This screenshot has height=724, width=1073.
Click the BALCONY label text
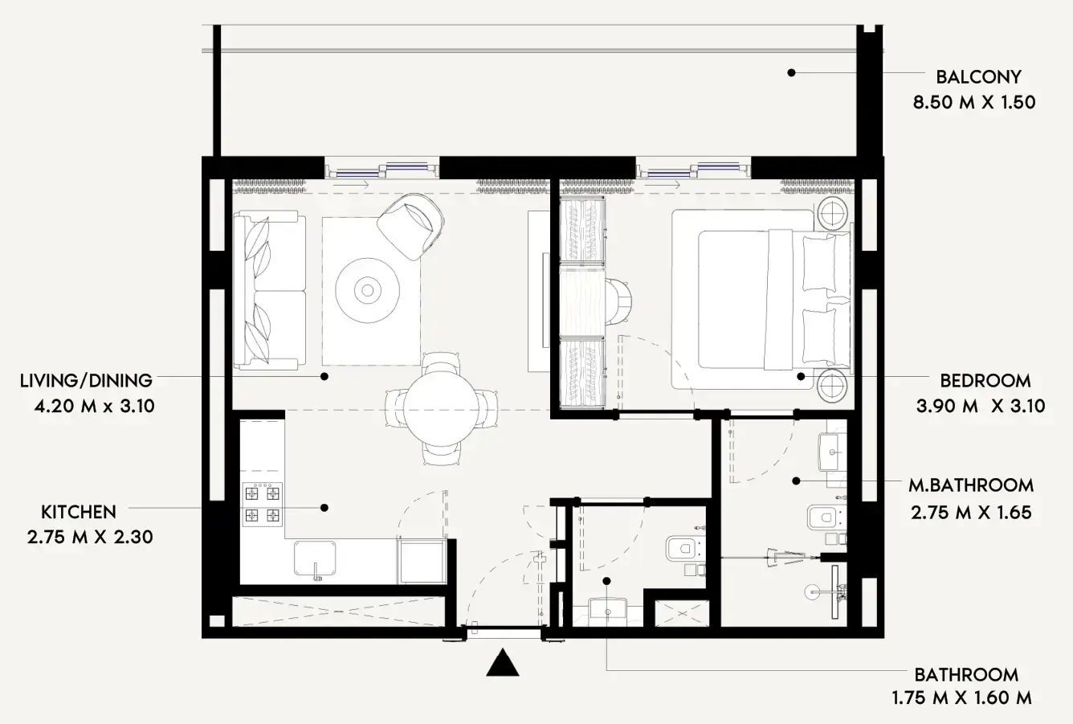978,77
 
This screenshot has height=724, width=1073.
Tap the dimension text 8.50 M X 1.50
973,103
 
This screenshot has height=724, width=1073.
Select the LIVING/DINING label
86,381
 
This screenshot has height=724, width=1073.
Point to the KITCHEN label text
79,512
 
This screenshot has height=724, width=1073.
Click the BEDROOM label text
985,381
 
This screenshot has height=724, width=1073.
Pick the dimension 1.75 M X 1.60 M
961,698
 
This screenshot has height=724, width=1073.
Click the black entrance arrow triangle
504,663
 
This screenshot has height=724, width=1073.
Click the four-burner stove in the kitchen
263,504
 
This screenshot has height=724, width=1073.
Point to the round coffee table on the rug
368,289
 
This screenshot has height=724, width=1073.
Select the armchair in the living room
411,227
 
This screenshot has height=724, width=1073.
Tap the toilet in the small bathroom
683,548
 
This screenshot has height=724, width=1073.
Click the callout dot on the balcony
791,72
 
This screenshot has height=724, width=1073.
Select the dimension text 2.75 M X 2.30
89,536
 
